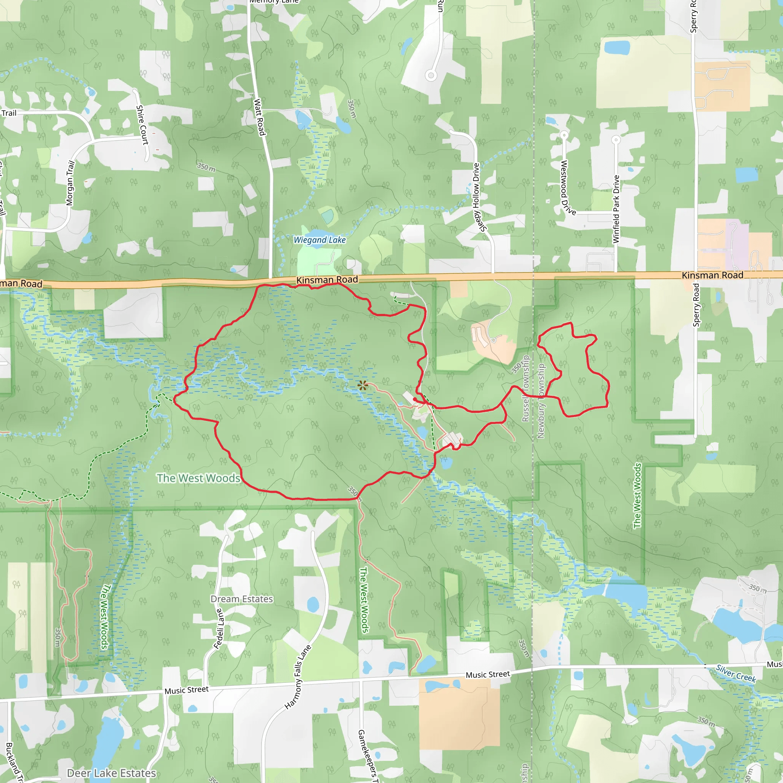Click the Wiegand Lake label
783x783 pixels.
click(x=319, y=240)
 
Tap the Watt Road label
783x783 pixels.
click(x=259, y=117)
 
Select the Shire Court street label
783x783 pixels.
click(x=142, y=125)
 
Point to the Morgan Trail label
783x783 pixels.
click(x=70, y=183)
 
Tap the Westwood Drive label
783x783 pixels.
click(x=567, y=188)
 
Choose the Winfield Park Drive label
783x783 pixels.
click(x=616, y=209)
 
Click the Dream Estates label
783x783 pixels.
click(x=242, y=599)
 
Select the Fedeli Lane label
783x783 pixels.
click(x=219, y=629)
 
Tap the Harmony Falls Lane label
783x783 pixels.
click(x=298, y=677)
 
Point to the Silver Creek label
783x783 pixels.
click(x=736, y=673)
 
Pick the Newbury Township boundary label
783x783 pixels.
click(x=541, y=401)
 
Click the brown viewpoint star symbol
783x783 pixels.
click(x=363, y=385)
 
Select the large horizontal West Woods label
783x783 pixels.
click(x=198, y=478)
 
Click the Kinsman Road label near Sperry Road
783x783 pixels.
click(x=713, y=275)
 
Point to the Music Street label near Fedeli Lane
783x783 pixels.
click(x=187, y=690)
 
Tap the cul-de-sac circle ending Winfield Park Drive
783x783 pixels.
click(x=616, y=140)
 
